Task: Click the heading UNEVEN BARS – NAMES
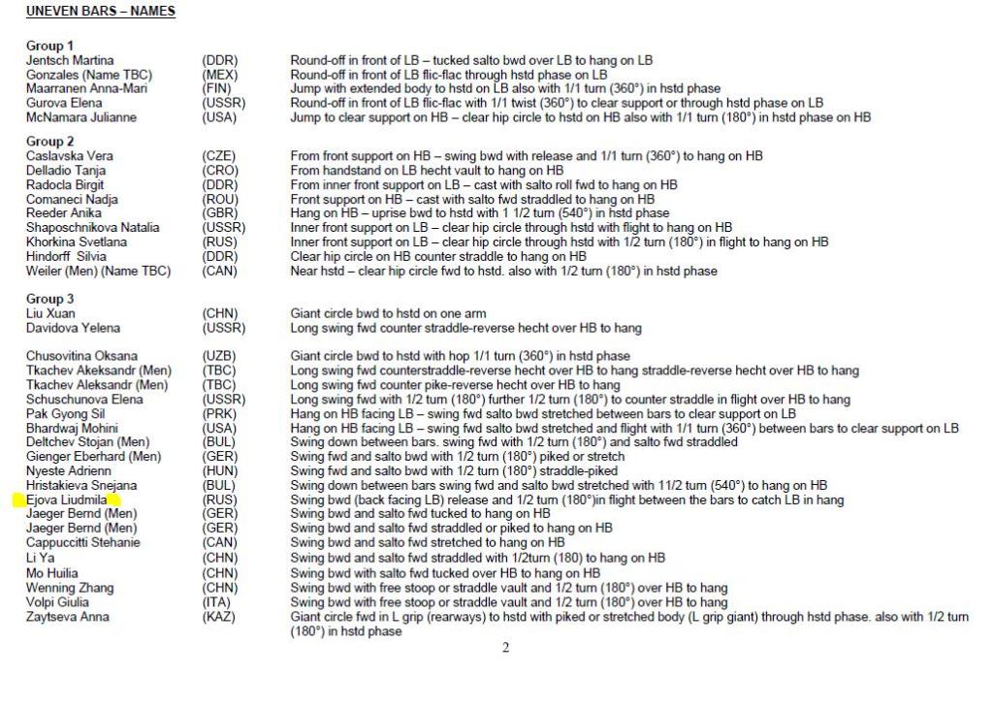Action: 101,12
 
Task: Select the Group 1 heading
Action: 49,46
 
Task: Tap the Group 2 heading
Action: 49,142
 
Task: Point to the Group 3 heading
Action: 49,299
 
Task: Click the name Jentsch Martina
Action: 69,60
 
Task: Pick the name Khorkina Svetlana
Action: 77,242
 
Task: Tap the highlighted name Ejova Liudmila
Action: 66,500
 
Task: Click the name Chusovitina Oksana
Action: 81,356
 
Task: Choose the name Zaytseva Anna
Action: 68,616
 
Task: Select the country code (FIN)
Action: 217,88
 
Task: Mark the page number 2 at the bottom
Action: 505,648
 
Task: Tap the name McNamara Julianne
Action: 81,117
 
